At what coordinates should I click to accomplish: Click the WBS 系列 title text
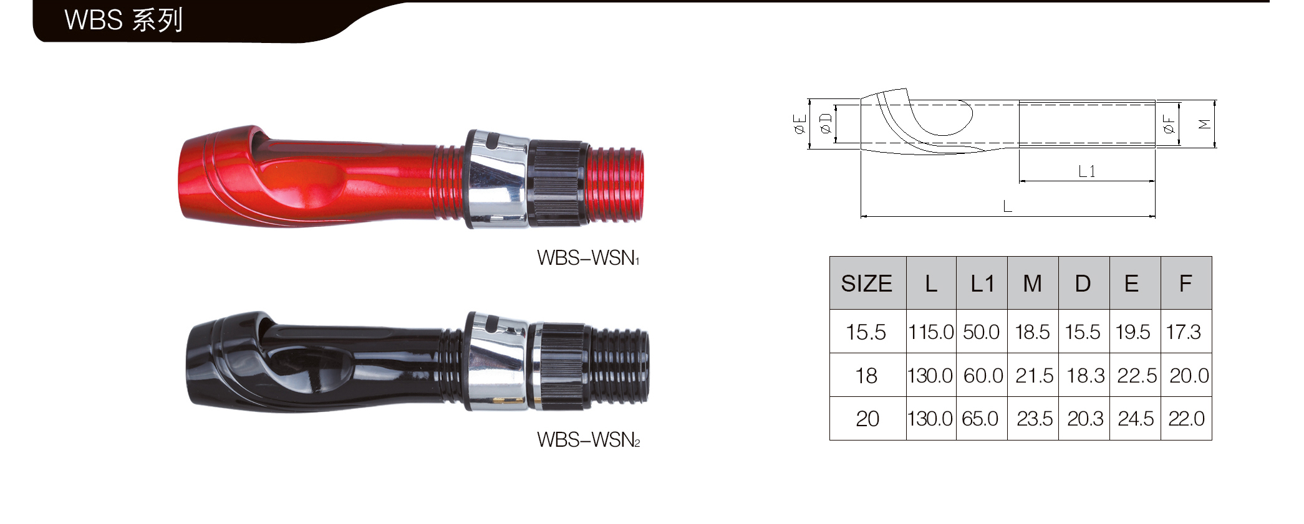(123, 20)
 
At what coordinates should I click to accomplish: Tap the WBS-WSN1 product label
(588, 258)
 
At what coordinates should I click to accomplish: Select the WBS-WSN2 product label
(588, 440)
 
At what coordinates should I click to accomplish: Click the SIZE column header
(866, 283)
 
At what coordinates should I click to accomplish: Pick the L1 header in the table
(982, 283)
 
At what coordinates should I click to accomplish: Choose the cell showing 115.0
(931, 332)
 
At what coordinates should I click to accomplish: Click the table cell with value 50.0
(981, 332)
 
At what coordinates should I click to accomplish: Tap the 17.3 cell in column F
(1183, 332)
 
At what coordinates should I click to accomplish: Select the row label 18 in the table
(866, 376)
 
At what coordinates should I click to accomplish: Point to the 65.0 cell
(980, 419)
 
